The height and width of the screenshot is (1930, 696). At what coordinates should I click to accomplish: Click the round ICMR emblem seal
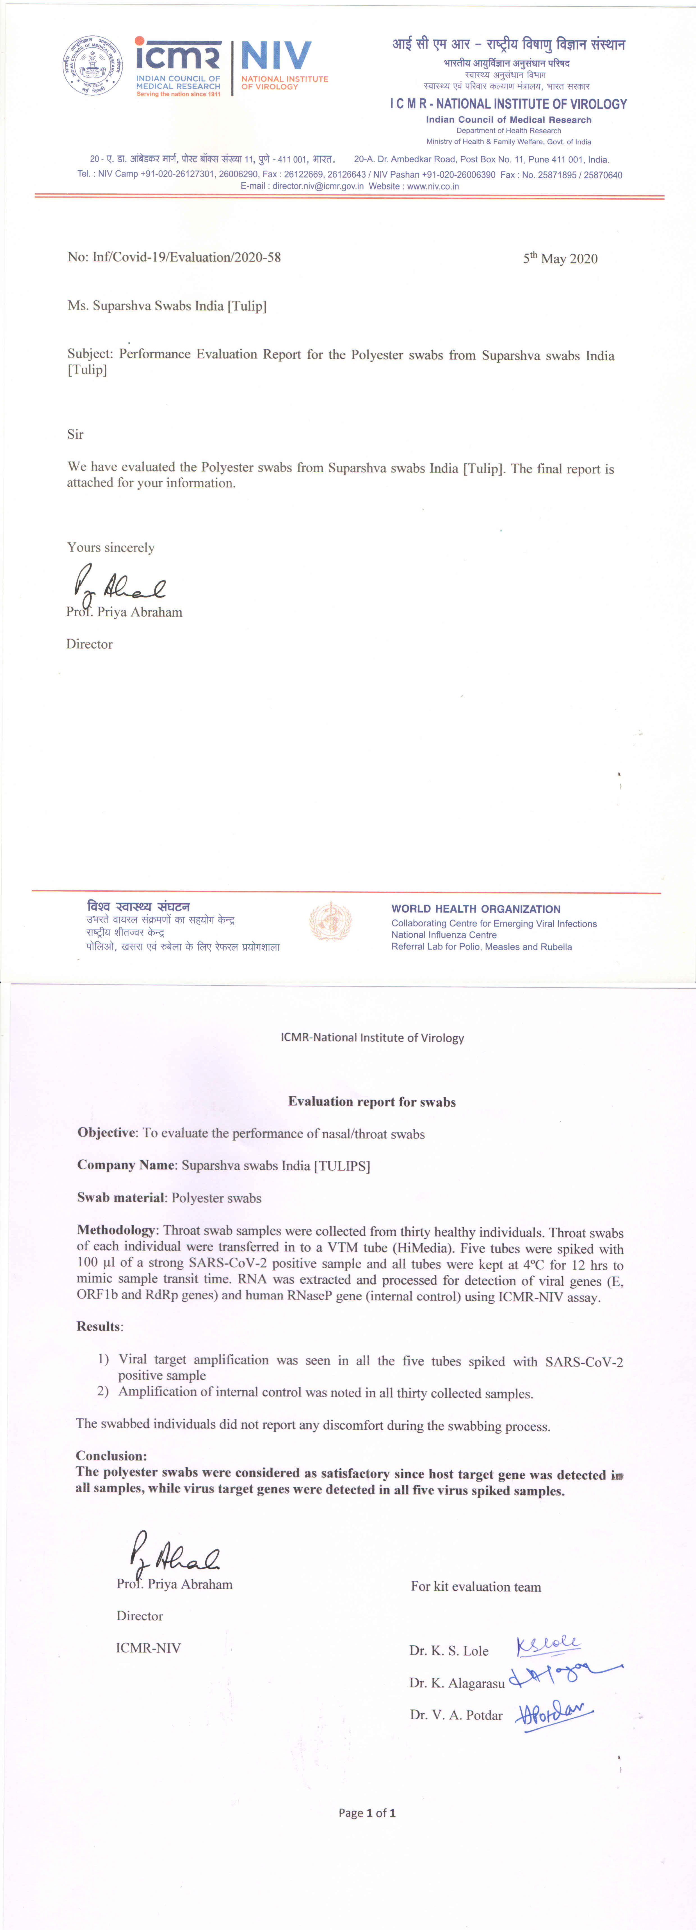93,66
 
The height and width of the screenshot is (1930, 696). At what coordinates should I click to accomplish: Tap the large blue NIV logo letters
276,57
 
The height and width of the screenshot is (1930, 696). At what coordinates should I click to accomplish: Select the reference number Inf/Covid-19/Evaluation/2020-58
186,257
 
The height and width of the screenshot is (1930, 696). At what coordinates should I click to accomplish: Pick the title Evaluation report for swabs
372,1101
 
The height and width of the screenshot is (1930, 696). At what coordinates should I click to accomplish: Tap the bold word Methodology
116,1230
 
